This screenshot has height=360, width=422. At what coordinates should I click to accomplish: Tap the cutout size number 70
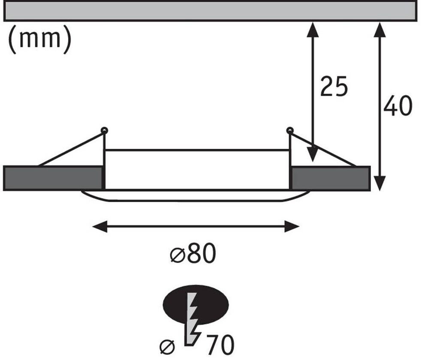[x=220, y=344]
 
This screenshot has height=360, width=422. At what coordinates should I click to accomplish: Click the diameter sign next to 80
[x=176, y=256]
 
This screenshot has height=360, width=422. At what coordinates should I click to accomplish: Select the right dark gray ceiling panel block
[x=330, y=178]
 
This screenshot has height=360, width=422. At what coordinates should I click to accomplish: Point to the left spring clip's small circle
[x=104, y=130]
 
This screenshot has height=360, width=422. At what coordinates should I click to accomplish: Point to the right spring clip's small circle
[x=290, y=130]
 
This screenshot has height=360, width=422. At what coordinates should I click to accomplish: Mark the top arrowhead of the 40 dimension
[x=379, y=29]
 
